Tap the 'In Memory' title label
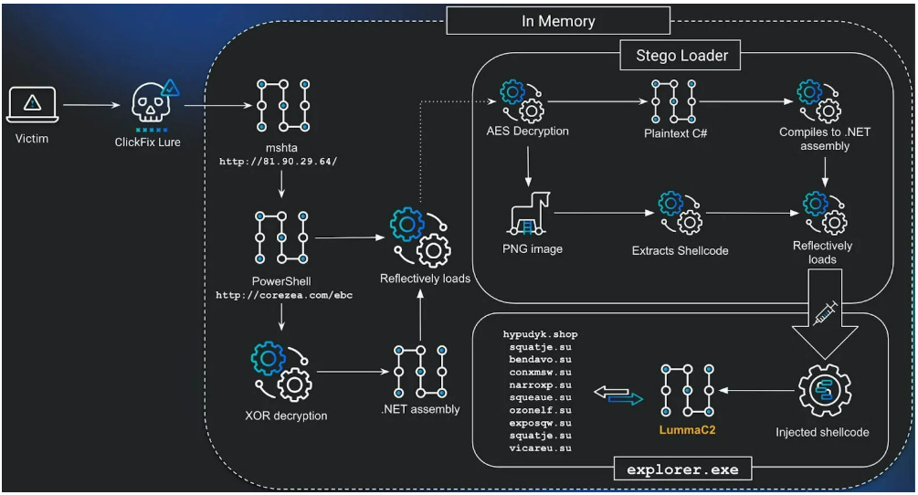pyautogui.click(x=557, y=20)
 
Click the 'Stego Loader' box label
pyautogui.click(x=681, y=56)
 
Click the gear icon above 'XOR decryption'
pyautogui.click(x=281, y=372)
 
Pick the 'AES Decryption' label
pyautogui.click(x=527, y=131)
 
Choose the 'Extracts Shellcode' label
pyautogui.click(x=680, y=249)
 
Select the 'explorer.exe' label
pyautogui.click(x=689, y=470)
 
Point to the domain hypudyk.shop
pyautogui.click(x=540, y=334)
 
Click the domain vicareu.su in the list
pyautogui.click(x=540, y=448)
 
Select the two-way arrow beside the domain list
pyautogui.click(x=617, y=394)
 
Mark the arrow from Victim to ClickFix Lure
pyautogui.click(x=90, y=105)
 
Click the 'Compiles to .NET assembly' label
pyautogui.click(x=825, y=139)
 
